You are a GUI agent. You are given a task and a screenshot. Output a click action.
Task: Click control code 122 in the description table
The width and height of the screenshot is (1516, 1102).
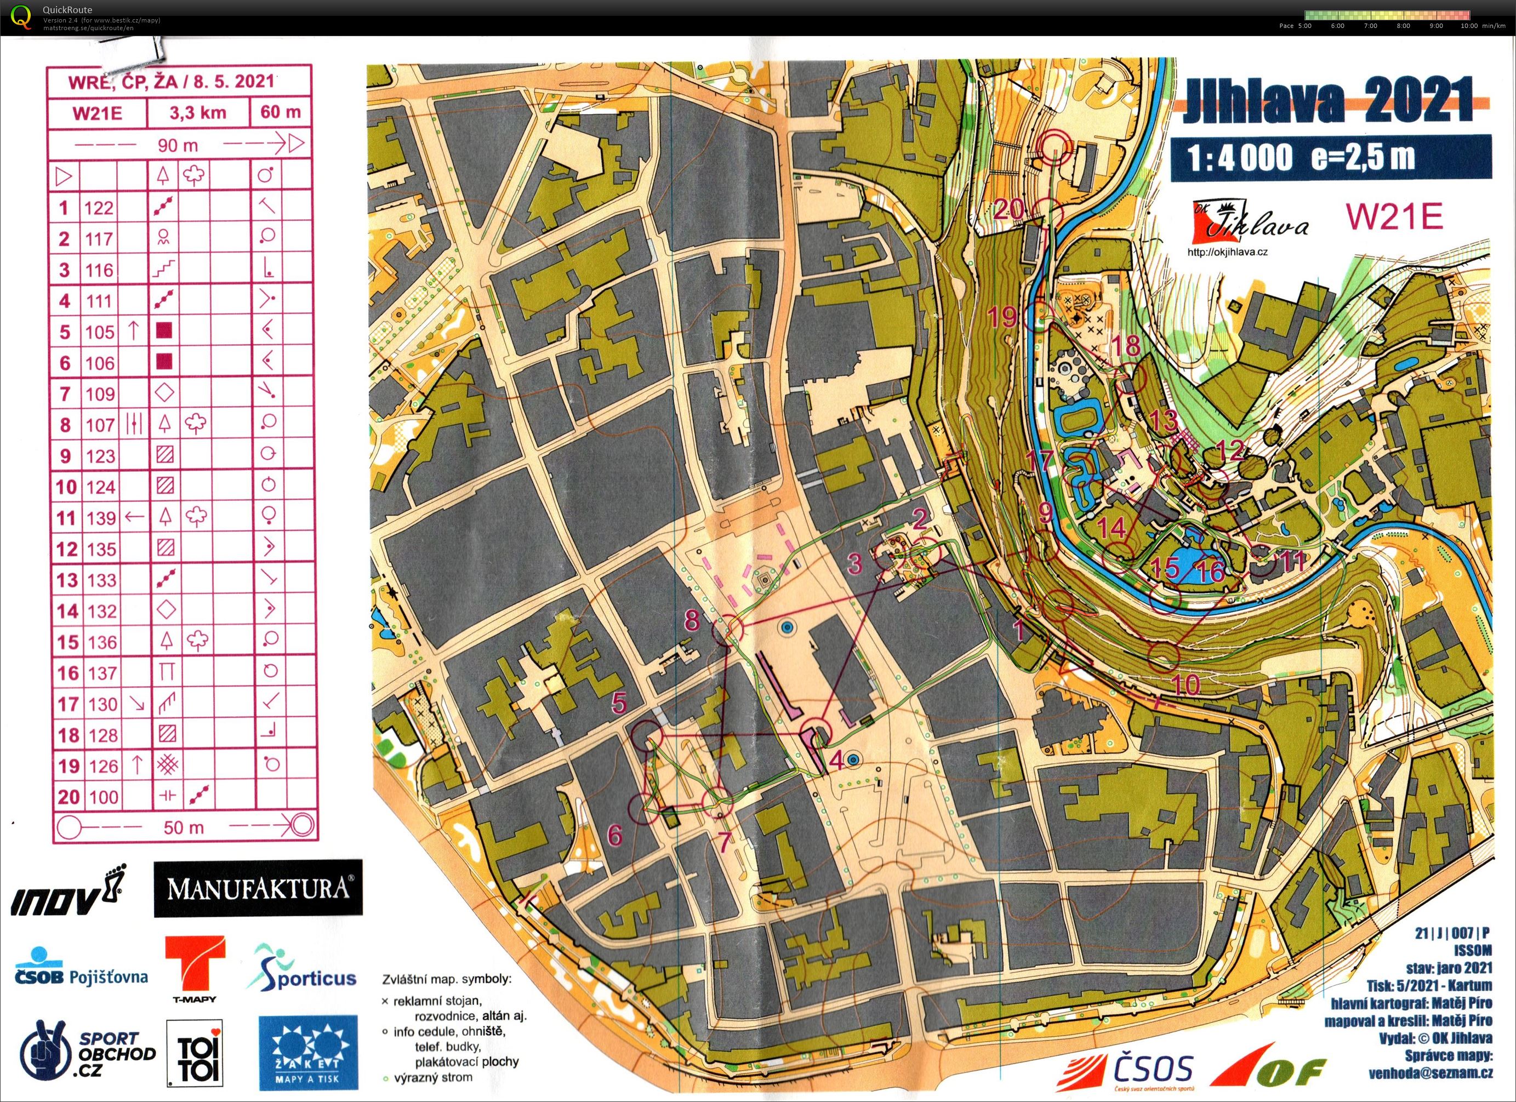(99, 208)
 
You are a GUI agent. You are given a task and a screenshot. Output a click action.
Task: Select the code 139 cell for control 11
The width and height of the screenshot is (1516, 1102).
(100, 518)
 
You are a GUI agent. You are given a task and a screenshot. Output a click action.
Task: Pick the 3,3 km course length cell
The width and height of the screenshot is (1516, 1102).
(197, 112)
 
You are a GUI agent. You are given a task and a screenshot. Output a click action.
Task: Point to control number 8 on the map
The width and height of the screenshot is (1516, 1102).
(692, 620)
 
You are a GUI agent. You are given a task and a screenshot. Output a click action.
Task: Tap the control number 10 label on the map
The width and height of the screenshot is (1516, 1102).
(1187, 684)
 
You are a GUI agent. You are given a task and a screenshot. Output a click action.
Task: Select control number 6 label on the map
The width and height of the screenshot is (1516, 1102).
(614, 835)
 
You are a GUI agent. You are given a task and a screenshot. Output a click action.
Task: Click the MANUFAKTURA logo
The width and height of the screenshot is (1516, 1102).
(258, 888)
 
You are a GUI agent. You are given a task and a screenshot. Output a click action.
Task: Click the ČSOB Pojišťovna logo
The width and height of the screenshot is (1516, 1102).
(81, 968)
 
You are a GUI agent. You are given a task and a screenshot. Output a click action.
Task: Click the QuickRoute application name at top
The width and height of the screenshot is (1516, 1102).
(67, 10)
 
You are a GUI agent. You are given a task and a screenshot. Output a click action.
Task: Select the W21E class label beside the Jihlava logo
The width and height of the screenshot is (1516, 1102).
(1393, 216)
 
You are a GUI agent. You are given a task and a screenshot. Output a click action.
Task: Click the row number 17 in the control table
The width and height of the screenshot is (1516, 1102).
(66, 704)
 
